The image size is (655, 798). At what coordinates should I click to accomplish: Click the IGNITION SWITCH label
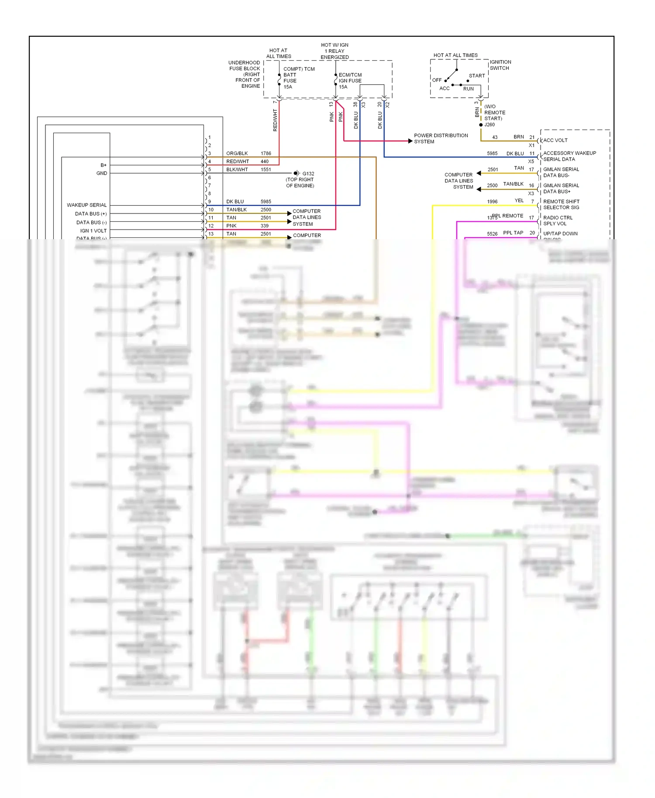pos(500,65)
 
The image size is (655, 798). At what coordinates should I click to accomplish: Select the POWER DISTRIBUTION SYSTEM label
pos(441,138)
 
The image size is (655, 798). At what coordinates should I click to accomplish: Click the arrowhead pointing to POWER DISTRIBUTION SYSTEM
pos(410,141)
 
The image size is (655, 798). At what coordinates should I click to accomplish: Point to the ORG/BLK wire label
pos(237,154)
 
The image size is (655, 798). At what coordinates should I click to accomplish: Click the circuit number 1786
pos(265,154)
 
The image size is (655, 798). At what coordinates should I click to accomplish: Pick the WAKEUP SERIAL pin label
pos(86,205)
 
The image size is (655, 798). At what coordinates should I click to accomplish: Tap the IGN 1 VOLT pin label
pos(93,231)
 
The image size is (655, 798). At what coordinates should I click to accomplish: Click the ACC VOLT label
pos(555,141)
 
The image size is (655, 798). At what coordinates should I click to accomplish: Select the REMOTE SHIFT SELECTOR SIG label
pos(561,204)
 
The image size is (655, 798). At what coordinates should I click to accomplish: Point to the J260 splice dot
pos(481,125)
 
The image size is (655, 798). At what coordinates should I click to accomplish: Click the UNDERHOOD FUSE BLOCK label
pos(245,74)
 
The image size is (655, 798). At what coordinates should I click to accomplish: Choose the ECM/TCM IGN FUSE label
pos(350,81)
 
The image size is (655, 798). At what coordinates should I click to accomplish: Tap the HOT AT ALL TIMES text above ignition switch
pos(455,55)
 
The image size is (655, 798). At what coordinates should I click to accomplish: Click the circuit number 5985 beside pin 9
pos(265,202)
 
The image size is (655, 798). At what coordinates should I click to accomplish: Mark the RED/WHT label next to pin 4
pos(237,162)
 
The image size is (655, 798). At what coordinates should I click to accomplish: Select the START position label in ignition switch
pos(476,76)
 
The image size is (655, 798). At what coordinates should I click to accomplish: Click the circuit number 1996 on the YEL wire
pos(492,202)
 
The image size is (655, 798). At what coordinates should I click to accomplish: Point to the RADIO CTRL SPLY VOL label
pos(557,220)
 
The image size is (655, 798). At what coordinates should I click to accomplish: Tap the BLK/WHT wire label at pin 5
pos(237,170)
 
